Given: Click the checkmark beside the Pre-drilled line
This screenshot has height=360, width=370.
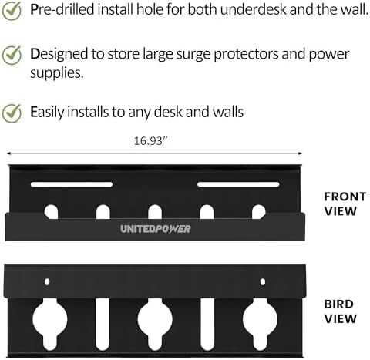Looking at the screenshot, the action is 12,11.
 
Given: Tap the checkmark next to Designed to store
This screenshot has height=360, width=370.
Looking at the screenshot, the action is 12,55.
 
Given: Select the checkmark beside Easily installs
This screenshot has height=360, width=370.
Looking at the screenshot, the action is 12,113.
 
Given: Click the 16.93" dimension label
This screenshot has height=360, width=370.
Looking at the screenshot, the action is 151,141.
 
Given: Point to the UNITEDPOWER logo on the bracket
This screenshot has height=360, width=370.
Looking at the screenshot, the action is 156,229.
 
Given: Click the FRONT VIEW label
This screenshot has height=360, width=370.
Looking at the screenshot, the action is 345,204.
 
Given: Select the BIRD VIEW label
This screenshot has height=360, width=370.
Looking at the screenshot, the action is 340,311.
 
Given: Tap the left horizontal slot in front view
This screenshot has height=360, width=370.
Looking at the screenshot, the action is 72,184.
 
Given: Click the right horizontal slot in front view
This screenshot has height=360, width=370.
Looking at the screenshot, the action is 238,184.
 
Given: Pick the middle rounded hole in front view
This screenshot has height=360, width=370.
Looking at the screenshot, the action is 155,212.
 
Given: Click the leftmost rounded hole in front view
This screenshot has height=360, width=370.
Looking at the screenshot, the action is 51,212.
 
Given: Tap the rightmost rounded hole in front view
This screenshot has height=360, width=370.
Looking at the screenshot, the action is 259,212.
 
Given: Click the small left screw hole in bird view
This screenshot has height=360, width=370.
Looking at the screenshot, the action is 47,282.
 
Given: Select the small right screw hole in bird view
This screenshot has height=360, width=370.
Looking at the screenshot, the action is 263,282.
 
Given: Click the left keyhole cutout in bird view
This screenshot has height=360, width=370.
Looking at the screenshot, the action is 50,321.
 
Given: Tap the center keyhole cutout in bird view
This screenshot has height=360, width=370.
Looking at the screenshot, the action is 155,321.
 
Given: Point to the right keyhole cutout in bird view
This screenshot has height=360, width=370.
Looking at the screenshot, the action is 260,321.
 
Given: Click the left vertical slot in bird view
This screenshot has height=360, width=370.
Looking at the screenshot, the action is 103,325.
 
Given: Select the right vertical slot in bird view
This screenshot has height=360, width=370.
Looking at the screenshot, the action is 207,325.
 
